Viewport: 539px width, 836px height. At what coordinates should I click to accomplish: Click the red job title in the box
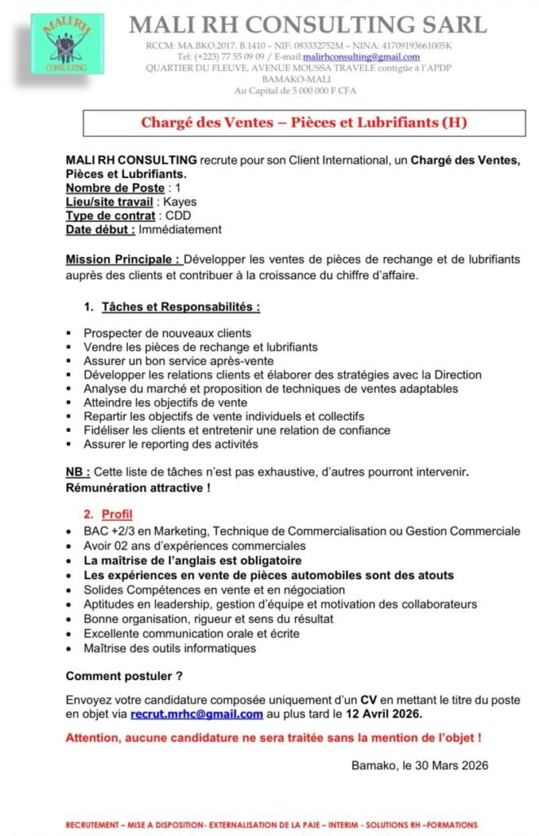tap(304, 124)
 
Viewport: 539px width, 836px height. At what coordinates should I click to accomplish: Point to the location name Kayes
tap(180, 202)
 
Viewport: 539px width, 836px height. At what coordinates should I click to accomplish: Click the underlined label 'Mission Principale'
tap(123, 260)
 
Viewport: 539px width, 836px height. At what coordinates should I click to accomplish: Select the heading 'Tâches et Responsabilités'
tap(181, 307)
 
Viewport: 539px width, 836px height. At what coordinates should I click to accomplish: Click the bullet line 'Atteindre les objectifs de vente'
tap(177, 402)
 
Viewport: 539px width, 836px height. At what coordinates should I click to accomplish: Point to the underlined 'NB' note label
tap(77, 472)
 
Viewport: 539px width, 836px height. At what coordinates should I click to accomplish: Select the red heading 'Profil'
tap(117, 514)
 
